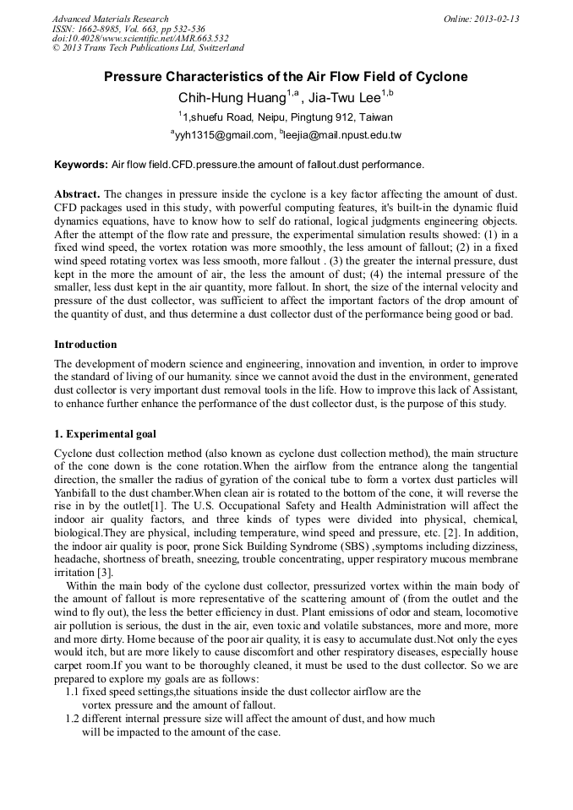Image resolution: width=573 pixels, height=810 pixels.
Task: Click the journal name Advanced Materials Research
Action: tap(110, 19)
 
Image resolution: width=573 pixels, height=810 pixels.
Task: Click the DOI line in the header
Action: tap(140, 39)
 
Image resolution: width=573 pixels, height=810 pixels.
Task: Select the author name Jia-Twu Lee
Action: tap(345, 98)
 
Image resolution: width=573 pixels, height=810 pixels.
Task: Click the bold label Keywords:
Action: tap(81, 164)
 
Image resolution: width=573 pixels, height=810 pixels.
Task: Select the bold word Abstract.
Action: tap(77, 195)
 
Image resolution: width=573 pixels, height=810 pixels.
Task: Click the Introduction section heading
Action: tap(85, 345)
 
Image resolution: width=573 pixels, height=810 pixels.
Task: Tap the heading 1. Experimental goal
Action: tap(105, 434)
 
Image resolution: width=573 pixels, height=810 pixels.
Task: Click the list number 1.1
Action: tap(73, 691)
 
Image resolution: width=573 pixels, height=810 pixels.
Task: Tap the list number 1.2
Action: tap(73, 719)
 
